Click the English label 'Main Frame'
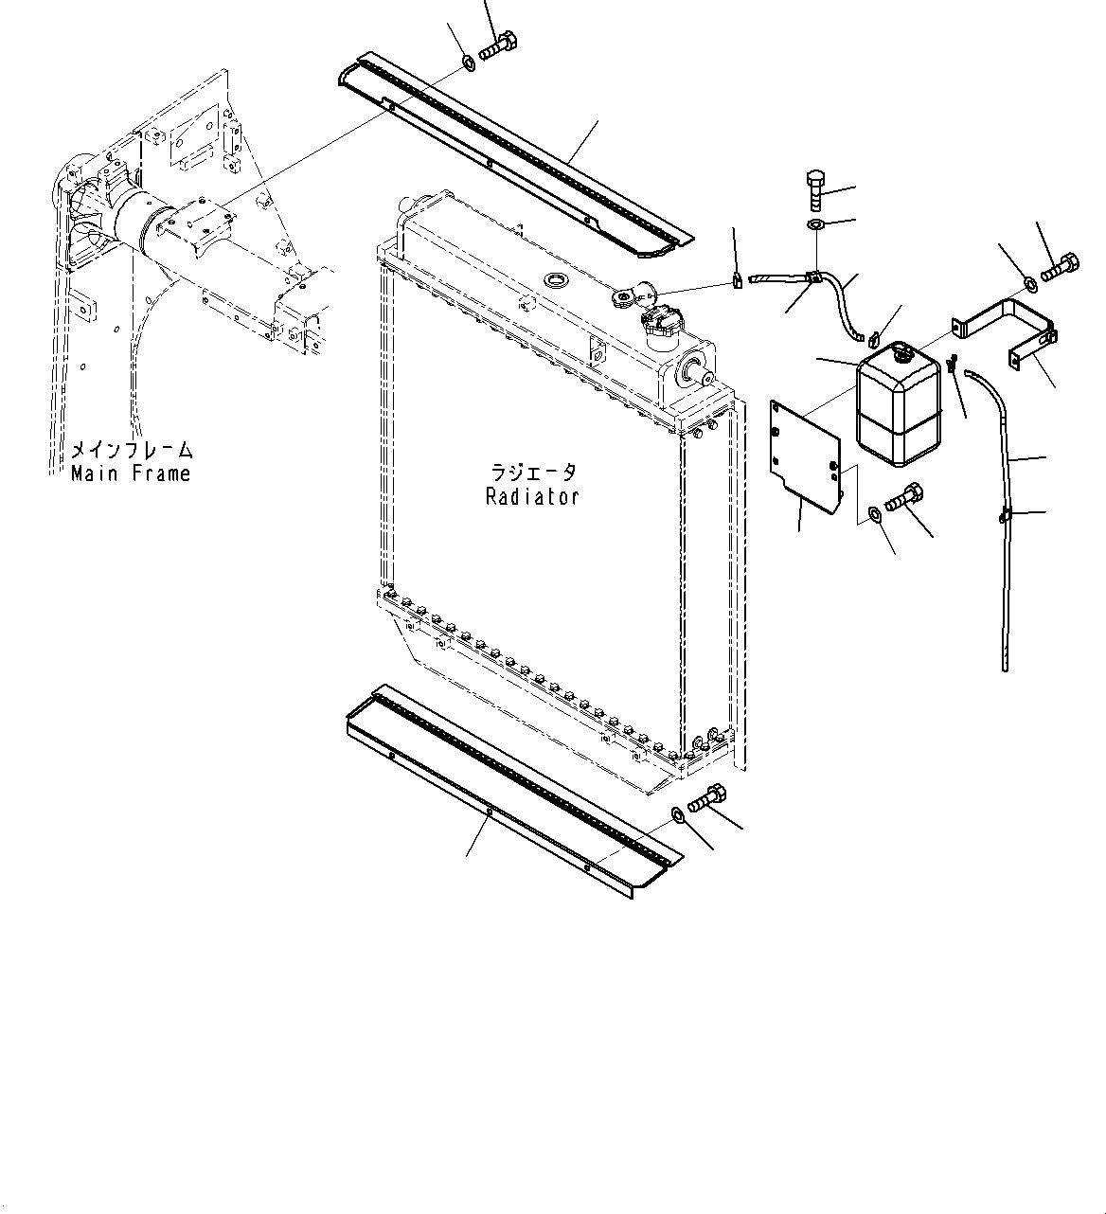(131, 473)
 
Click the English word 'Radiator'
(532, 496)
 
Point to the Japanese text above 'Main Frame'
(132, 451)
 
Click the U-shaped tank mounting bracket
(1009, 326)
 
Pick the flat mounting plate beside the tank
(805, 455)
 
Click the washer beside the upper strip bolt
(468, 64)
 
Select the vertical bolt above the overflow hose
(816, 189)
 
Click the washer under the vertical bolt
(816, 225)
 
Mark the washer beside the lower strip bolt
(678, 815)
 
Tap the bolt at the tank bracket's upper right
(1059, 268)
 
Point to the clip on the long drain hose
(1005, 516)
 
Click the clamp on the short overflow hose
(812, 277)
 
